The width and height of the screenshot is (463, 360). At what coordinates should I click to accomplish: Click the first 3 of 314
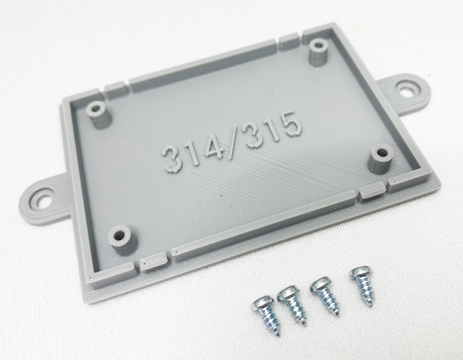[x=173, y=159]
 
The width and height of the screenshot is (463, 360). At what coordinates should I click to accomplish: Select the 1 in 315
[x=271, y=131]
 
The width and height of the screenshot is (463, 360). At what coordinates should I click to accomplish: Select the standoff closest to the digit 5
[x=381, y=159]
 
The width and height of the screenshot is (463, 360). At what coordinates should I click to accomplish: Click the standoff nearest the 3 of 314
[x=98, y=115]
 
